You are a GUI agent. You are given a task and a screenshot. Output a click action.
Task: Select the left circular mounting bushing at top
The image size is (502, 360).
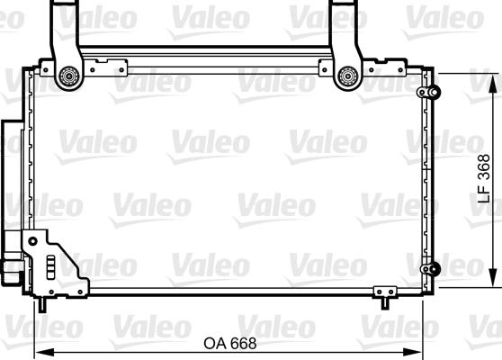pos(67,77)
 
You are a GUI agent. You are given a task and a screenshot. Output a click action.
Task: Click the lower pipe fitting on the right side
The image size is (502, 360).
pos(431,268)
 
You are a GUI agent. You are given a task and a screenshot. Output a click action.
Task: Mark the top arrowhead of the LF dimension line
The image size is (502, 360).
pos(493,76)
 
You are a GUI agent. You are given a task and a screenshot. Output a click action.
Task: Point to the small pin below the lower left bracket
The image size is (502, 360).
pos(40,304)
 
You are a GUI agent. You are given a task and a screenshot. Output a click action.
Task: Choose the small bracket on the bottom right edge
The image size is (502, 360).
pos(384,292)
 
